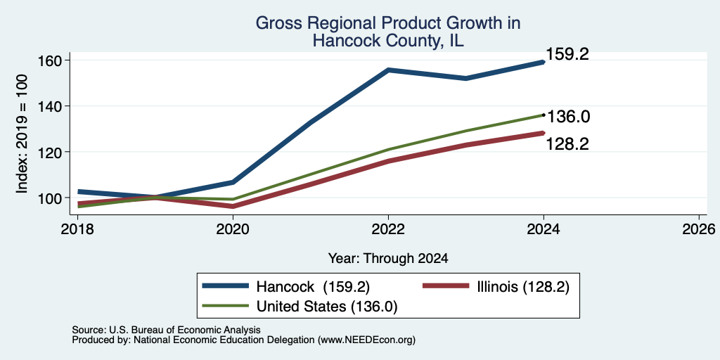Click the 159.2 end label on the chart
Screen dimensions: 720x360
click(x=567, y=55)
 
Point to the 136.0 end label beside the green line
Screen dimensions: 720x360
click(x=567, y=117)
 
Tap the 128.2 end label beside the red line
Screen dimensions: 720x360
click(x=567, y=144)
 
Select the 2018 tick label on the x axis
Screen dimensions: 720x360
click(x=77, y=229)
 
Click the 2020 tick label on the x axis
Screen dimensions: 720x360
click(x=233, y=229)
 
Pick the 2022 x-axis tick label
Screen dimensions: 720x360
click(x=388, y=229)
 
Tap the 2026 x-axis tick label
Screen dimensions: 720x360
click(x=700, y=229)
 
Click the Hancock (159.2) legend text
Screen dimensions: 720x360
click(x=313, y=287)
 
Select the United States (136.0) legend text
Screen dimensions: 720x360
click(x=326, y=307)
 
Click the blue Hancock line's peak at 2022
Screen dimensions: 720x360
click(x=388, y=70)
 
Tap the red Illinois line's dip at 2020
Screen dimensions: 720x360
click(x=233, y=206)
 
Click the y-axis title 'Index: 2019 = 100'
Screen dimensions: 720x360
click(x=22, y=134)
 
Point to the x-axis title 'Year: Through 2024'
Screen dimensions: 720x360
click(x=388, y=259)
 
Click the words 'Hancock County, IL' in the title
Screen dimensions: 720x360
click(x=388, y=40)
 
